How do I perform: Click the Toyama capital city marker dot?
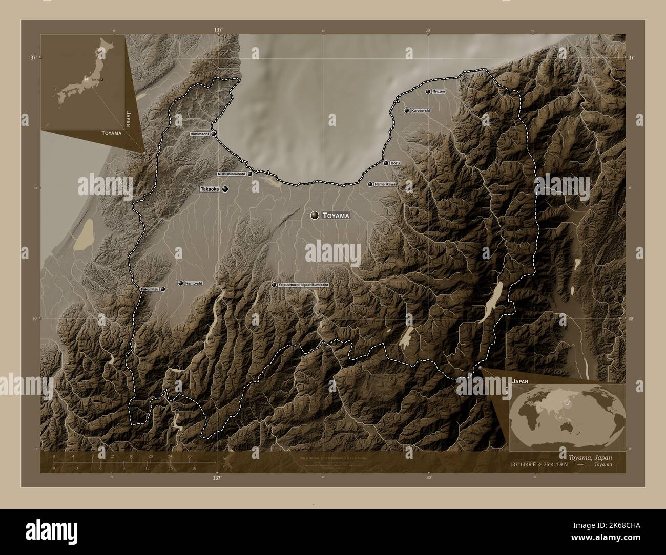[314, 216]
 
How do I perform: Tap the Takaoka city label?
[210, 189]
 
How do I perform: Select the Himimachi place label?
[199, 134]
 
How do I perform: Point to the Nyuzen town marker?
[428, 91]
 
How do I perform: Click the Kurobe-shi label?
[421, 110]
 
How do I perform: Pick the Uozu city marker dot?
[386, 163]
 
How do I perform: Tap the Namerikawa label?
[385, 184]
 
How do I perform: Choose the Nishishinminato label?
[232, 174]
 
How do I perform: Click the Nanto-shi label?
[194, 283]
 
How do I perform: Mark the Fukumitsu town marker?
[163, 289]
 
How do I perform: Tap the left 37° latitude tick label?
[33, 58]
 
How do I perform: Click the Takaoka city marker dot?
[225, 189]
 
